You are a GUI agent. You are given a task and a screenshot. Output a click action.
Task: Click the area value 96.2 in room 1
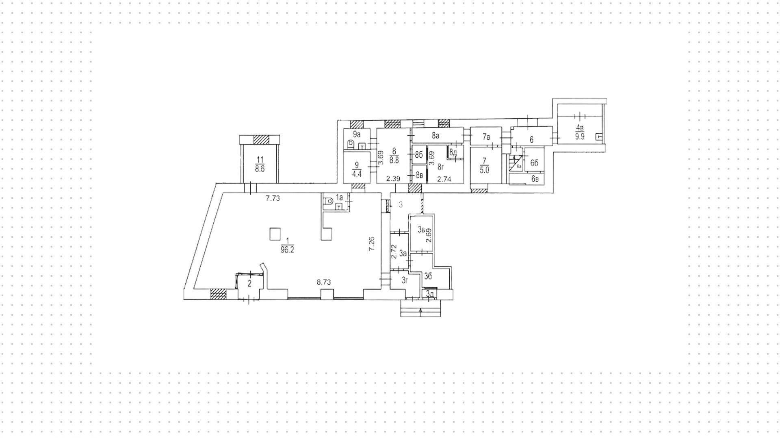pyautogui.click(x=287, y=250)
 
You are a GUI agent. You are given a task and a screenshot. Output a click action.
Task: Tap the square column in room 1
pyautogui.click(x=275, y=234)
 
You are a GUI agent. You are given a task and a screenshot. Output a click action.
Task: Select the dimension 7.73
pyautogui.click(x=273, y=199)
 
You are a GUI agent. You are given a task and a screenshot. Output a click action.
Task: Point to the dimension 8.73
pyautogui.click(x=324, y=282)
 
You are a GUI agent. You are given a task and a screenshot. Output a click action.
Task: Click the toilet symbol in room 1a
pyautogui.click(x=328, y=200)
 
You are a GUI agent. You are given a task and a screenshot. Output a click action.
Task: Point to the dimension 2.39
pyautogui.click(x=393, y=179)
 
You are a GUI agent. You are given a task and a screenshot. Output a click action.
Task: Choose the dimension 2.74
pyautogui.click(x=444, y=179)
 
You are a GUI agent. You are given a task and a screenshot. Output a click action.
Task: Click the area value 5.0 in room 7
pyautogui.click(x=484, y=170)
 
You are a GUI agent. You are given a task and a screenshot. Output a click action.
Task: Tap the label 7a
pyautogui.click(x=486, y=137)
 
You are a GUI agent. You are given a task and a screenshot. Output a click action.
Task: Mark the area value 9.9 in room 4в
pyautogui.click(x=580, y=137)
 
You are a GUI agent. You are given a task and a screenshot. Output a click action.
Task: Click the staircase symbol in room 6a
pyautogui.click(x=516, y=162)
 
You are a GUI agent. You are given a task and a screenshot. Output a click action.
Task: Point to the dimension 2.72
pyautogui.click(x=393, y=252)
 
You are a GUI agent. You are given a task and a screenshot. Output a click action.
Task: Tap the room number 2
pyautogui.click(x=249, y=284)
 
